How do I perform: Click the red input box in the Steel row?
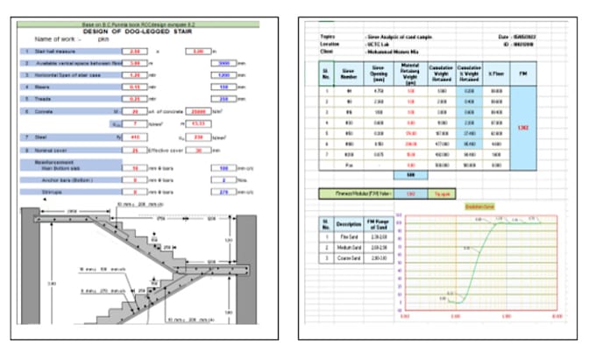coord(134,138)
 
